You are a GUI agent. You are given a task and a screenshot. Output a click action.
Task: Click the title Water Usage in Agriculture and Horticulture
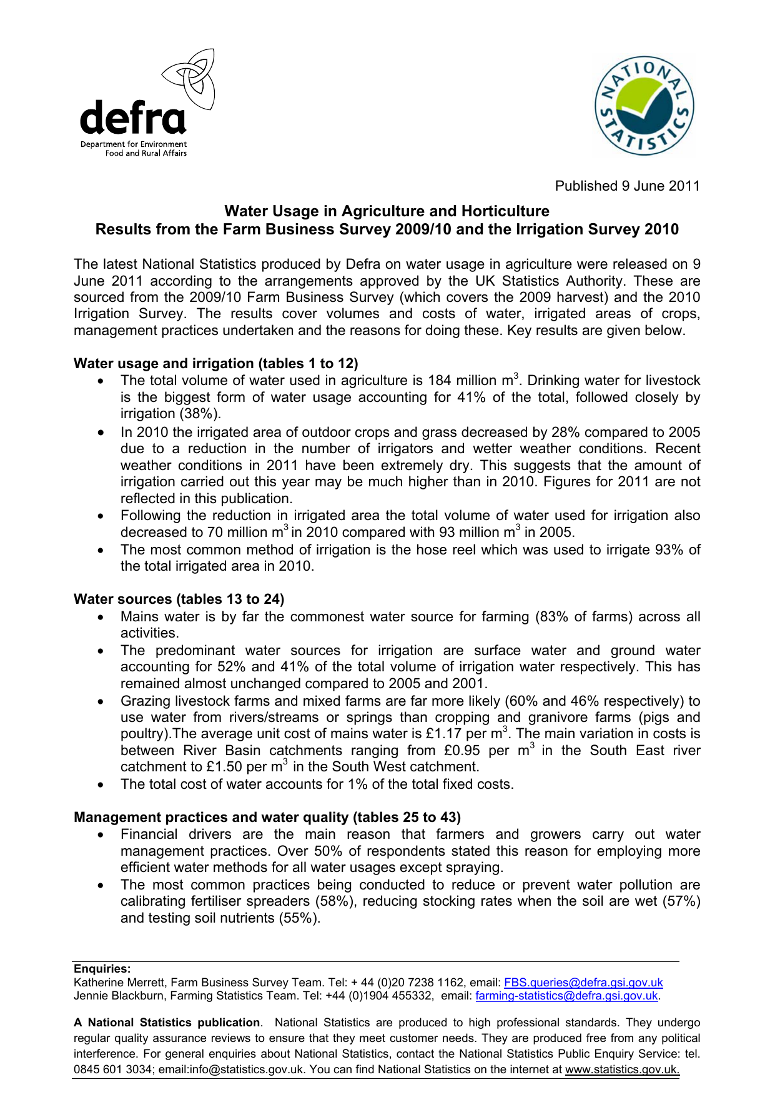click(x=387, y=211)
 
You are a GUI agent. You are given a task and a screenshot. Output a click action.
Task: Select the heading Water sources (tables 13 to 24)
click(x=179, y=599)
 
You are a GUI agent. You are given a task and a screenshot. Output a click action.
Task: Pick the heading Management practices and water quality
click(x=267, y=817)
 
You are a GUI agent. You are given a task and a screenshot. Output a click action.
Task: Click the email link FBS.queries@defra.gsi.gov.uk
click(x=583, y=983)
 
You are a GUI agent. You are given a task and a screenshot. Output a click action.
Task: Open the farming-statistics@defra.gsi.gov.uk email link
click(x=566, y=996)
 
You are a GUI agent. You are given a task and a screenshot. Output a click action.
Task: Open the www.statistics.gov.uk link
click(x=622, y=1069)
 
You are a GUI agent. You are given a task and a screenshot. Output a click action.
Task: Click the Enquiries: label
click(x=102, y=969)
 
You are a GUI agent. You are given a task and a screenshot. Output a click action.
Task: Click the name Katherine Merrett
click(x=119, y=983)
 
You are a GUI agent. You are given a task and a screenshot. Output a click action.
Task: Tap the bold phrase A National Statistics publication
click(x=167, y=1023)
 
